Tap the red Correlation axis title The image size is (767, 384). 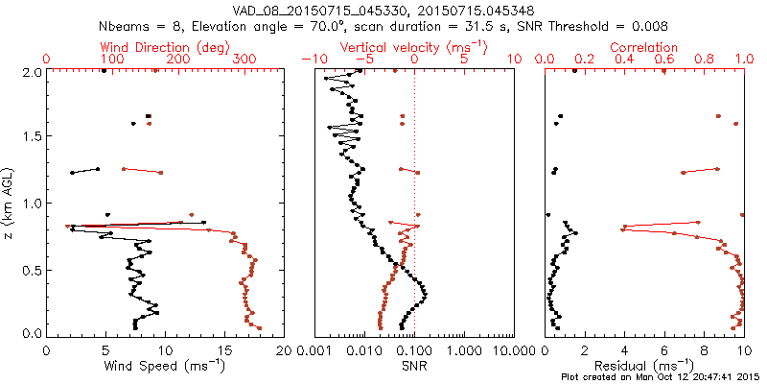tap(644, 46)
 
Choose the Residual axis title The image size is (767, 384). tap(644, 366)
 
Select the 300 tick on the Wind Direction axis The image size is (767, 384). tap(244, 60)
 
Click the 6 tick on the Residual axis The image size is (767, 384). tap(664, 351)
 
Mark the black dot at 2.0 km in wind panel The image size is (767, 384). tap(104, 72)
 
